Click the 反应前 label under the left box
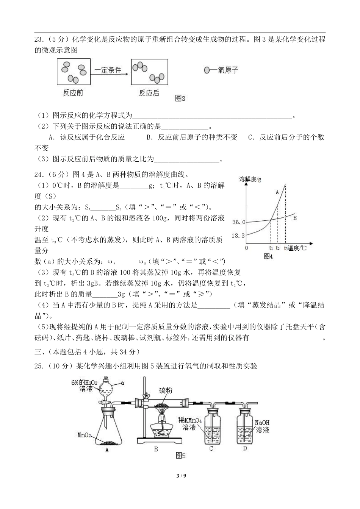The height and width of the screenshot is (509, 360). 73,93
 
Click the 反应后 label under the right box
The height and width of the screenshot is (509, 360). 149,93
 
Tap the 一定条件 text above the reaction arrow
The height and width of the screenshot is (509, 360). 108,70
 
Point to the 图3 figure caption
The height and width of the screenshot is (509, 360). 180,98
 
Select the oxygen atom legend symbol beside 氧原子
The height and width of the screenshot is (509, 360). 207,70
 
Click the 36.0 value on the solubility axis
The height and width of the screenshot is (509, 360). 238,222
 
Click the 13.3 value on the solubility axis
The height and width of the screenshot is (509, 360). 238,236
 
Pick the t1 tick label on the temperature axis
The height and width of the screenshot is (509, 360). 271,248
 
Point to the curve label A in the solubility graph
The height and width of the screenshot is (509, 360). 277,192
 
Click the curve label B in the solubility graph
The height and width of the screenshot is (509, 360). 295,218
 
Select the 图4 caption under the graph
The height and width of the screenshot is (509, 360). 268,256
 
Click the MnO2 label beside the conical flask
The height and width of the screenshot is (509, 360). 84,435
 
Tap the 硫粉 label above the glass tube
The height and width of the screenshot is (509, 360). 166,390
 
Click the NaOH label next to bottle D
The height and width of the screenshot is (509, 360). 262,423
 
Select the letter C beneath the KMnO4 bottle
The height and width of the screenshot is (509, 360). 211,449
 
